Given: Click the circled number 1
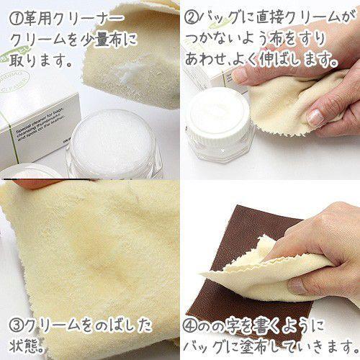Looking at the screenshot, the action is coord(16,19).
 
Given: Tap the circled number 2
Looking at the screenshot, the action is coord(192,19).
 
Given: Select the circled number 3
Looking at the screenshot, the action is coord(16,325).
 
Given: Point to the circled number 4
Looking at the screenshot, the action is coord(190,325).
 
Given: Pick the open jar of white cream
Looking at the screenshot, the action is coord(113,144).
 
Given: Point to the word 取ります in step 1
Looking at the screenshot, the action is coord(38,60).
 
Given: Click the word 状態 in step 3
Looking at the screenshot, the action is coord(24,346).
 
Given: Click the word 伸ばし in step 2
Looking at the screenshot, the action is coord(278,59).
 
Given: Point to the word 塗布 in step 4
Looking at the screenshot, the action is coord(257,346).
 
